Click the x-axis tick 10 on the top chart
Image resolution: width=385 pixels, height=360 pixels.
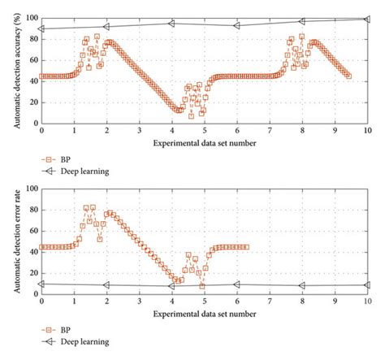coord(368,131)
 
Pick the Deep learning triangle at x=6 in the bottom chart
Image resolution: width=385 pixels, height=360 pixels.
coord(236,284)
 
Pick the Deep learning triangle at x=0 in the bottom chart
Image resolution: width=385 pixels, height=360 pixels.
coord(41,284)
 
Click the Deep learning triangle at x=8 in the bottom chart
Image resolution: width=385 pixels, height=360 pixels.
coord(302,285)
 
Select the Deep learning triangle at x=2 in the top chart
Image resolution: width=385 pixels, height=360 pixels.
coord(106,26)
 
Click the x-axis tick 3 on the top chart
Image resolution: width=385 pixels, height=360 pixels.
coord(139,131)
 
